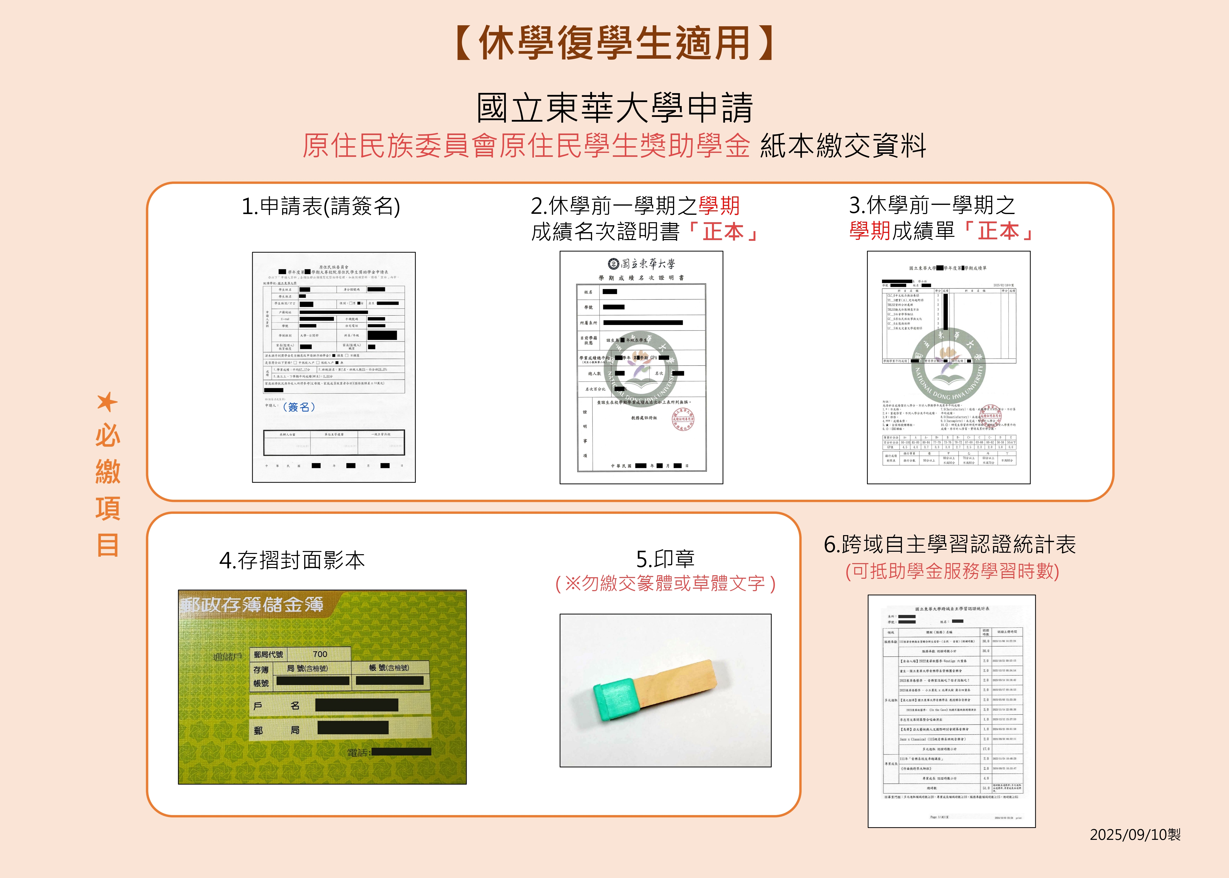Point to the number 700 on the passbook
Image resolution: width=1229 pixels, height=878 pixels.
[320, 654]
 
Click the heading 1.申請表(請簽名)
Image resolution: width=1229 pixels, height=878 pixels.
[321, 206]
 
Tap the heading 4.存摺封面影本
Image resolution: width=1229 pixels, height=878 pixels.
[292, 560]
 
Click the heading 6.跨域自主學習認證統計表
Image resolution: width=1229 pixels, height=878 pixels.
[950, 545]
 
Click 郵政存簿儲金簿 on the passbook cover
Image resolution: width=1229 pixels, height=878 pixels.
[252, 604]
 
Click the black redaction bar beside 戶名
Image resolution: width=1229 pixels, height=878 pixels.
[357, 705]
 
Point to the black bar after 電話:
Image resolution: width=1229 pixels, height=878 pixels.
[402, 751]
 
